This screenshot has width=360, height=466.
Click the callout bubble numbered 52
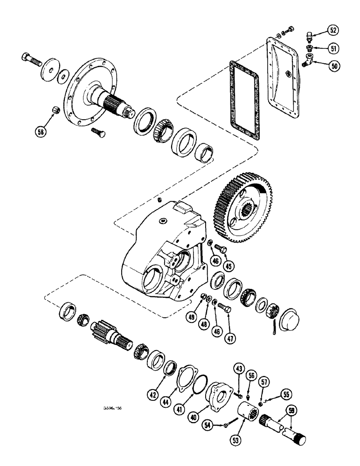pos(333,31)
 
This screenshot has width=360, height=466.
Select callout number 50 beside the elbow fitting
pos(333,66)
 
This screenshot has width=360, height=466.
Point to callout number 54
pos(208,425)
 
